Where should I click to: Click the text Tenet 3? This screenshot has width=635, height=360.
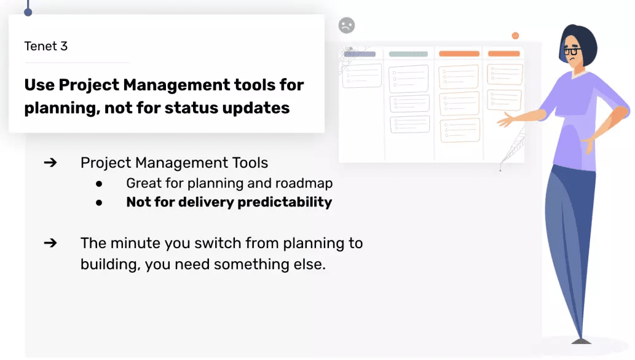click(x=45, y=46)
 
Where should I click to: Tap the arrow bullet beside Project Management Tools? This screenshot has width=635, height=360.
click(x=50, y=163)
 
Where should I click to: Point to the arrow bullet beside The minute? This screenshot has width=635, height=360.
click(x=50, y=243)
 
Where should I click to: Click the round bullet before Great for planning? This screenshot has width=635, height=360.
click(x=99, y=184)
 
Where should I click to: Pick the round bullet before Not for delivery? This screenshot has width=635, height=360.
click(x=99, y=203)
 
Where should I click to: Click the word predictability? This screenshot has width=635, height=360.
click(x=285, y=202)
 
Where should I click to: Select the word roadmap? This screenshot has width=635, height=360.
click(x=304, y=184)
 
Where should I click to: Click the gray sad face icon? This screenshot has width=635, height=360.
click(x=347, y=26)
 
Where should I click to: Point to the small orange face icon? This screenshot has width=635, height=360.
click(x=515, y=36)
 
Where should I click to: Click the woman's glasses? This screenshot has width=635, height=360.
click(x=572, y=52)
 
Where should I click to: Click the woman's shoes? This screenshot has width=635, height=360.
click(x=581, y=342)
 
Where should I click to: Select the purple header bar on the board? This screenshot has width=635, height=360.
click(x=360, y=54)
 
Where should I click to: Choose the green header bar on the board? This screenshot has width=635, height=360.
click(x=408, y=54)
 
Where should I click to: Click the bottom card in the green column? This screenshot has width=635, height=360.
click(x=410, y=124)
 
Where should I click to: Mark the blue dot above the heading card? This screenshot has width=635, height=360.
click(x=28, y=12)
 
